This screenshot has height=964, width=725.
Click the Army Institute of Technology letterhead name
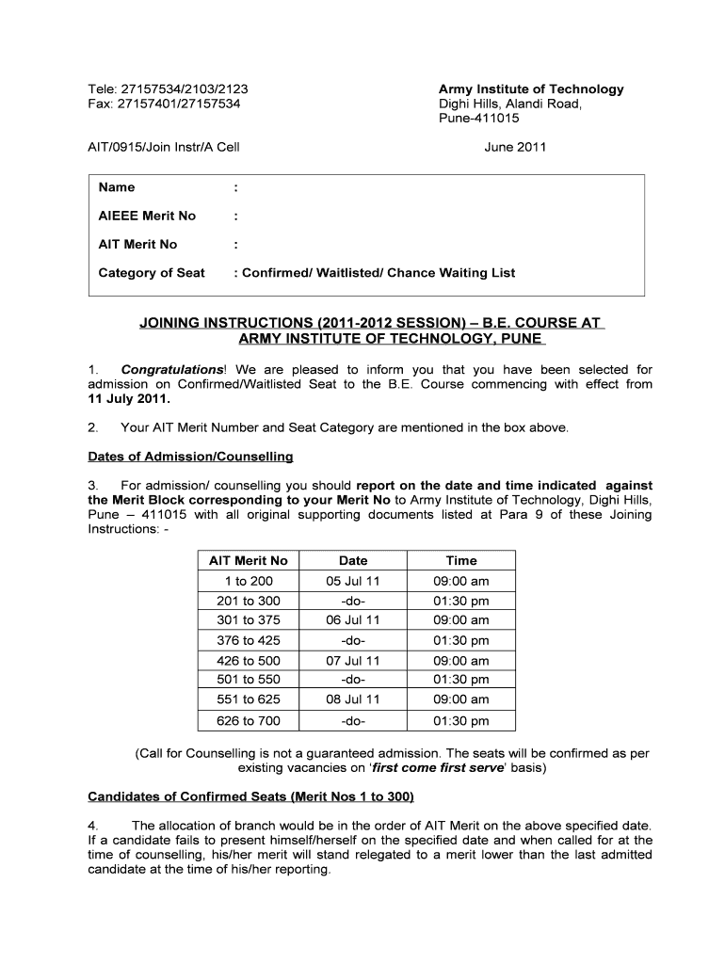coord(531,89)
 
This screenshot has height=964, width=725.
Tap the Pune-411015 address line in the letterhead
coord(479,119)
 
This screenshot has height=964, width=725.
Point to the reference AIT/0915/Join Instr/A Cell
coord(164,147)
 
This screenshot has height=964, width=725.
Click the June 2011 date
coord(515,147)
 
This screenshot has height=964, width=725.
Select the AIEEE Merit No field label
coord(147,216)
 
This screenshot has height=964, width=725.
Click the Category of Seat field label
coord(152,273)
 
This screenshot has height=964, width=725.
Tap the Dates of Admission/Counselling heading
coord(190,457)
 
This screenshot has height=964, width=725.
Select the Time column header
coord(461,560)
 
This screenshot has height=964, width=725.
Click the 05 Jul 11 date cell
coord(353,581)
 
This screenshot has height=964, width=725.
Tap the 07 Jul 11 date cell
coord(353,661)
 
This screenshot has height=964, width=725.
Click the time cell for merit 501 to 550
coord(461,680)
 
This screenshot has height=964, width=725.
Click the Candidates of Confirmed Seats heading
coord(250,797)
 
